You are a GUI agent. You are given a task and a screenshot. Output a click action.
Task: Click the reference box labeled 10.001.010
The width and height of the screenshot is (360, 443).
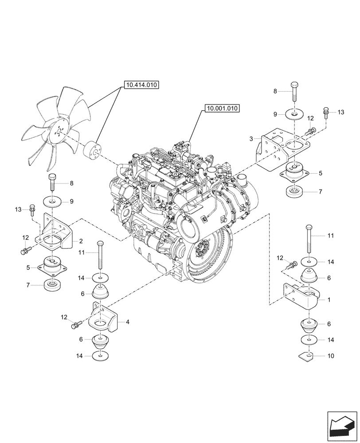point(222,108)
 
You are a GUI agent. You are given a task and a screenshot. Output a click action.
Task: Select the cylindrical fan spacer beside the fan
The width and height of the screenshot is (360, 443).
point(92,148)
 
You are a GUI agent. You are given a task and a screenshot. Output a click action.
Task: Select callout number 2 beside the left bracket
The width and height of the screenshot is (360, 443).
point(81,241)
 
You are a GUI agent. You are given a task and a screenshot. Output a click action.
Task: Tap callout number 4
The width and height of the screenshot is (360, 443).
point(128,322)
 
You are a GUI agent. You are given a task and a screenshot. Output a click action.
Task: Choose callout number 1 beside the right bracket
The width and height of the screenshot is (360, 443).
point(329,300)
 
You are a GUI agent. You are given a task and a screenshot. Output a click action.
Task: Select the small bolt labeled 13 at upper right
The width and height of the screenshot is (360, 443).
point(326,113)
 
